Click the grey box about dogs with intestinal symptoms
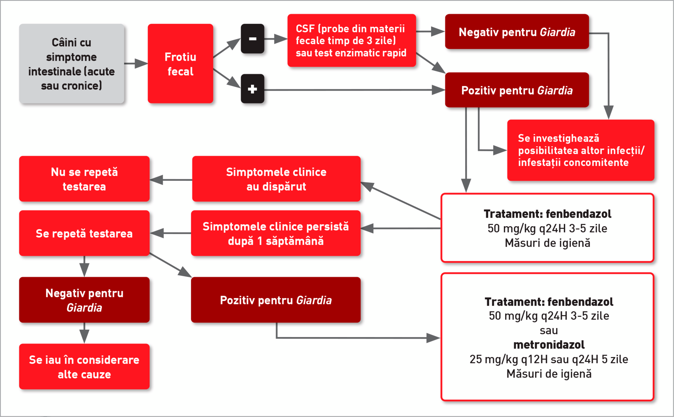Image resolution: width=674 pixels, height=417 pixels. pos(71,64)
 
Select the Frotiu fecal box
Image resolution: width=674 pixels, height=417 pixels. pos(180,64)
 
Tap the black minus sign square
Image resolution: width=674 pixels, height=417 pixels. pos(252,39)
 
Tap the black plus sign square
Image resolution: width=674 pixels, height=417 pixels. pos(252,89)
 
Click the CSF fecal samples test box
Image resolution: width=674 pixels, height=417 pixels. pos(351,40)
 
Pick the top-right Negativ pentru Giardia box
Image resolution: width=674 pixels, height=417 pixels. pos(517,32)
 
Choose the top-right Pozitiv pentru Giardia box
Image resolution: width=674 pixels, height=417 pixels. pos(517,90)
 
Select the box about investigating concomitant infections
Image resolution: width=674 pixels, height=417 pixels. pos(580,150)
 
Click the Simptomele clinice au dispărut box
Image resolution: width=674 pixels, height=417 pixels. pos(276,179)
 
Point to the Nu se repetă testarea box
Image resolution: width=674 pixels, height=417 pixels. pos(84,179)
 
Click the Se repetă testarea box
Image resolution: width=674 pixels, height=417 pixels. pos(84,233)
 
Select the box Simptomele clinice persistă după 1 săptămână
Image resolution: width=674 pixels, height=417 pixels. pos(276,233)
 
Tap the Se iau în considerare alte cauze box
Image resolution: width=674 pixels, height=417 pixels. pos(84,367)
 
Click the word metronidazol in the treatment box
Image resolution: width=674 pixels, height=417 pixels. pos(549,345)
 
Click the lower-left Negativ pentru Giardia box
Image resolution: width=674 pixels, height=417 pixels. pos(84,300)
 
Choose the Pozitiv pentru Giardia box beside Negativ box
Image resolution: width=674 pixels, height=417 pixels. pos(276,300)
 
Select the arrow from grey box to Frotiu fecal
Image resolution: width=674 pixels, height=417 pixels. pos(136,63)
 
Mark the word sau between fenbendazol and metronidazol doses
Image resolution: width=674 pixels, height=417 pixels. pos(549,330)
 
